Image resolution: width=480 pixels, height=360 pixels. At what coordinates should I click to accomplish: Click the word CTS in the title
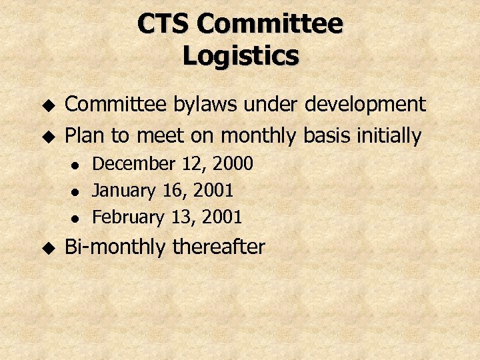pyautogui.click(x=164, y=25)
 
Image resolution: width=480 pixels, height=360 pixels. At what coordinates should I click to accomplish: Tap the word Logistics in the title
pyautogui.click(x=240, y=56)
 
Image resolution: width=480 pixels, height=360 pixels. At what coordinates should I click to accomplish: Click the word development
pyautogui.click(x=365, y=105)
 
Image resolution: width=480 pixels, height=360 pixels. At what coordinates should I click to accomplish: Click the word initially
pyautogui.click(x=388, y=137)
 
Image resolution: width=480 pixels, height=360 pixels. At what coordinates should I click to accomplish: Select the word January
pyautogui.click(x=125, y=191)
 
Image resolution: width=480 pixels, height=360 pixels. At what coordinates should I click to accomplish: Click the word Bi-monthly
pyautogui.click(x=115, y=247)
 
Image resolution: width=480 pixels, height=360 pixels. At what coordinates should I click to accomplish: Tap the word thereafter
pyautogui.click(x=219, y=247)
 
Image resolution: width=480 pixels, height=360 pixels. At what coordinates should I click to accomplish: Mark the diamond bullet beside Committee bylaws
pyautogui.click(x=47, y=105)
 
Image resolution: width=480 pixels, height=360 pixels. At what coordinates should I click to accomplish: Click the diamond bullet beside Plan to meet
pyautogui.click(x=47, y=137)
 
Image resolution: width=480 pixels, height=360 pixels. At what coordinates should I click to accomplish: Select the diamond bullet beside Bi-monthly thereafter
pyautogui.click(x=47, y=247)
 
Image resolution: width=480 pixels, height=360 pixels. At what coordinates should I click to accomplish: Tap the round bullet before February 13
pyautogui.click(x=76, y=218)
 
